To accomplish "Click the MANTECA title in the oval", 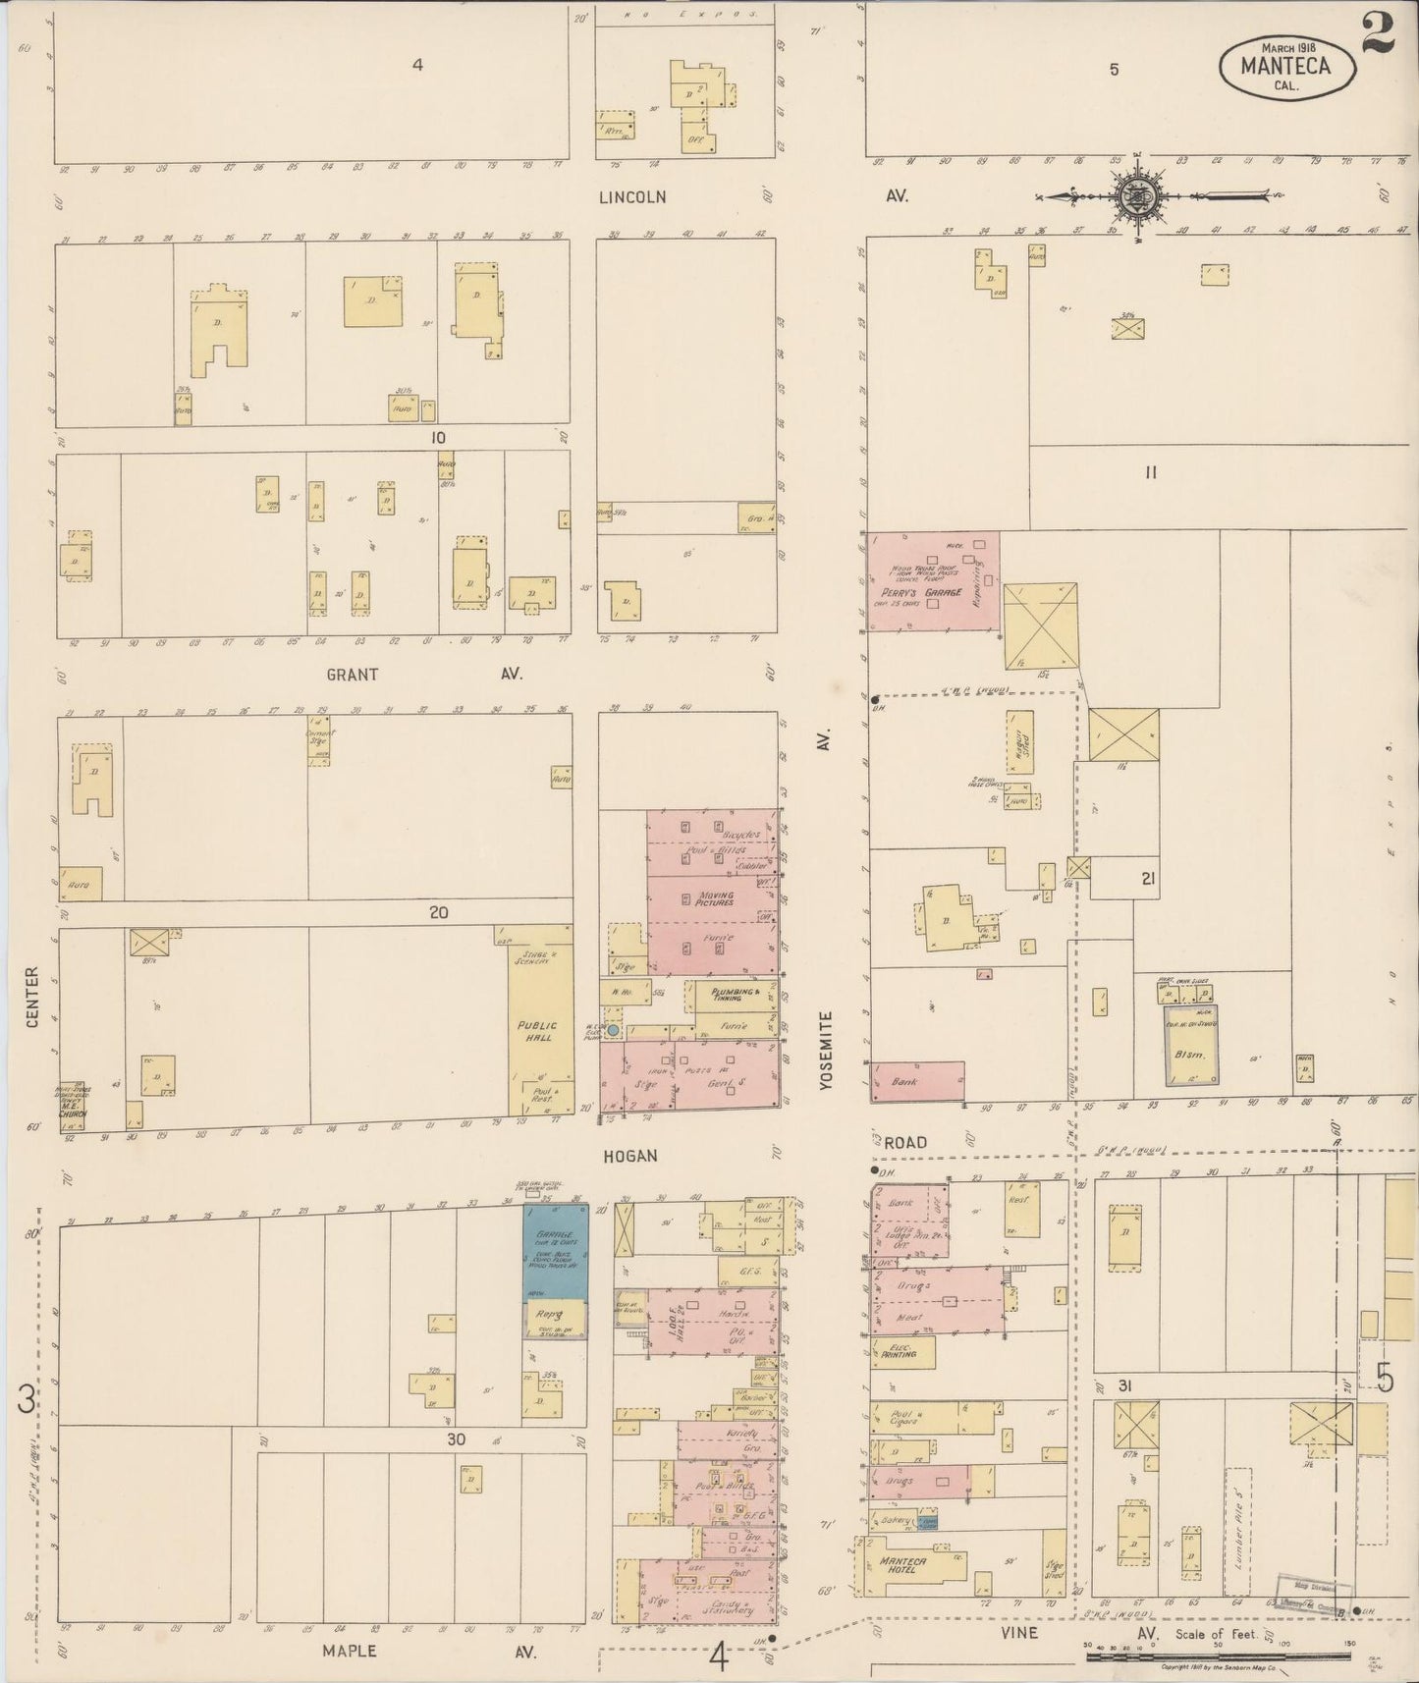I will click(x=1284, y=66).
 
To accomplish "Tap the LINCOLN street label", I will click(x=633, y=197).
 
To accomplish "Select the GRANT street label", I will click(x=352, y=675).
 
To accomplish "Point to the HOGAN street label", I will click(x=629, y=1156).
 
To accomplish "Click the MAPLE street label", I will click(x=349, y=1651).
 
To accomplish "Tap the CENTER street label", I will click(x=32, y=997).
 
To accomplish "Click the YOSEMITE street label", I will click(x=826, y=1053).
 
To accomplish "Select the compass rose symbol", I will click(x=1135, y=196).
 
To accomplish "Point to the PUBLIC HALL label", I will click(x=537, y=1032).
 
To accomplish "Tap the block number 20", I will click(x=438, y=912).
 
